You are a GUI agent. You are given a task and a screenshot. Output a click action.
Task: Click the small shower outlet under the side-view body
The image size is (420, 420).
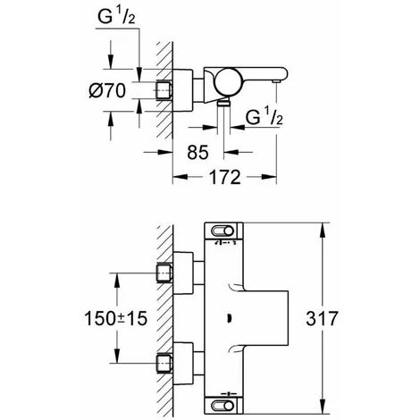(x=223, y=106)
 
